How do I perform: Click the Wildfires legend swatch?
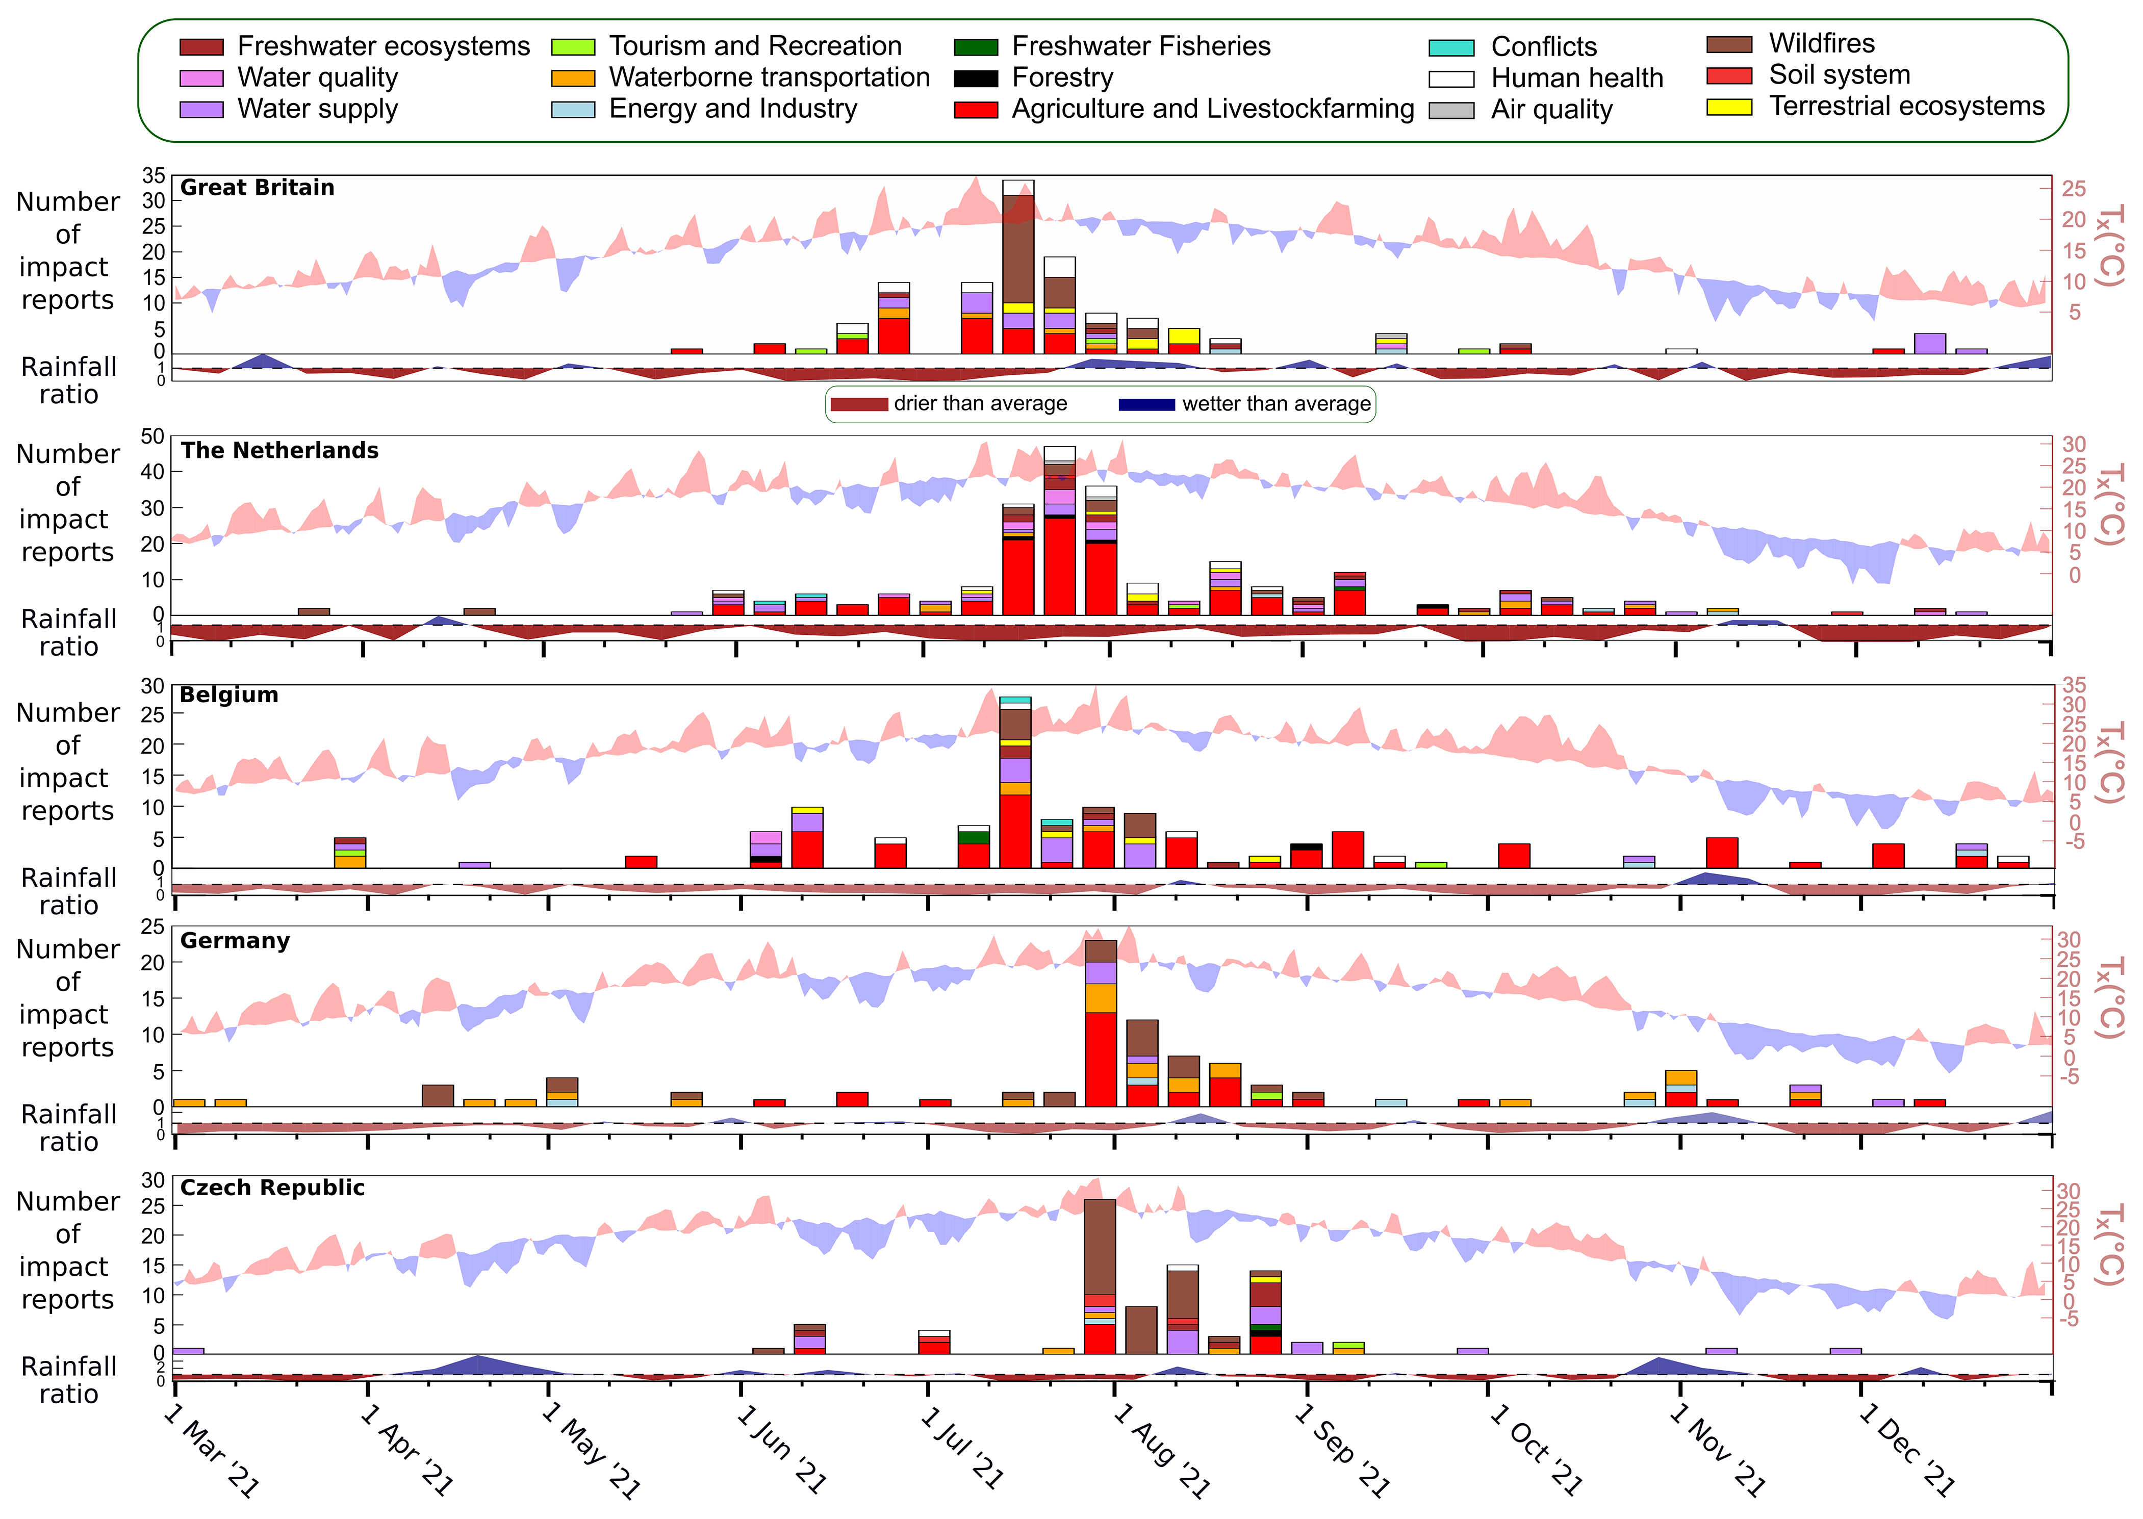[1728, 45]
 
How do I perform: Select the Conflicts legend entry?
[1543, 47]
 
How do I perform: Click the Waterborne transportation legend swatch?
[572, 78]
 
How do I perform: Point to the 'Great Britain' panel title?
[257, 188]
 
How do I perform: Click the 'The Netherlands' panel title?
[279, 451]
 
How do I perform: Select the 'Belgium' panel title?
[229, 695]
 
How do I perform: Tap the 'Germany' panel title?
[235, 941]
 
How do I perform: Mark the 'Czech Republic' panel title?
[272, 1188]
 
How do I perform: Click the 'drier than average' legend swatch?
[859, 404]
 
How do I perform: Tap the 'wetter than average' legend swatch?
[1146, 404]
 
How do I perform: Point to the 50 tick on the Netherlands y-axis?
[152, 437]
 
